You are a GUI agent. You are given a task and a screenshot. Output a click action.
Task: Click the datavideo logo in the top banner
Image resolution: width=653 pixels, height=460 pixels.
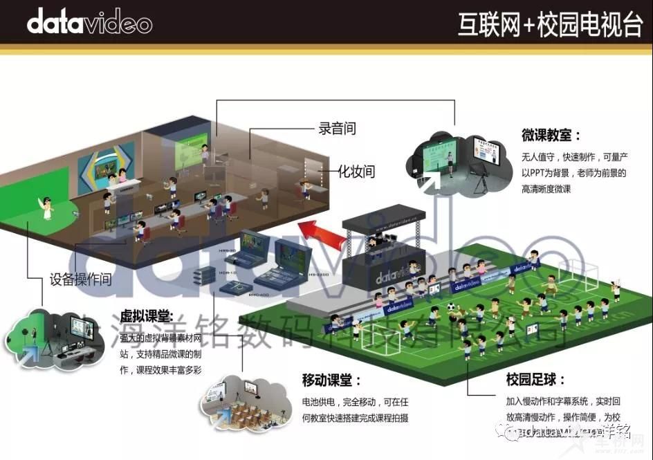pyautogui.click(x=89, y=23)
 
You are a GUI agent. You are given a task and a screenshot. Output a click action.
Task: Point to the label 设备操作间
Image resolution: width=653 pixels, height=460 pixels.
pyautogui.click(x=81, y=280)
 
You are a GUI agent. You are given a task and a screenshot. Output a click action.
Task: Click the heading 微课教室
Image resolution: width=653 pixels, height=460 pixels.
pyautogui.click(x=551, y=135)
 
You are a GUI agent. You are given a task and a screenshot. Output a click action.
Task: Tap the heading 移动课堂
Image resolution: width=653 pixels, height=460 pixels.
pyautogui.click(x=331, y=380)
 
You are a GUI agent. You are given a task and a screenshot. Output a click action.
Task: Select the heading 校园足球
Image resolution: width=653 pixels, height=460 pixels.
pyautogui.click(x=535, y=380)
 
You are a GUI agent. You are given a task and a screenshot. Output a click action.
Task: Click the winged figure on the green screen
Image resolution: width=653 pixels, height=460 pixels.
pyautogui.click(x=46, y=206)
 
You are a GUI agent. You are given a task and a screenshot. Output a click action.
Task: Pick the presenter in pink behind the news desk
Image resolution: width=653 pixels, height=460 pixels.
pyautogui.click(x=122, y=175)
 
